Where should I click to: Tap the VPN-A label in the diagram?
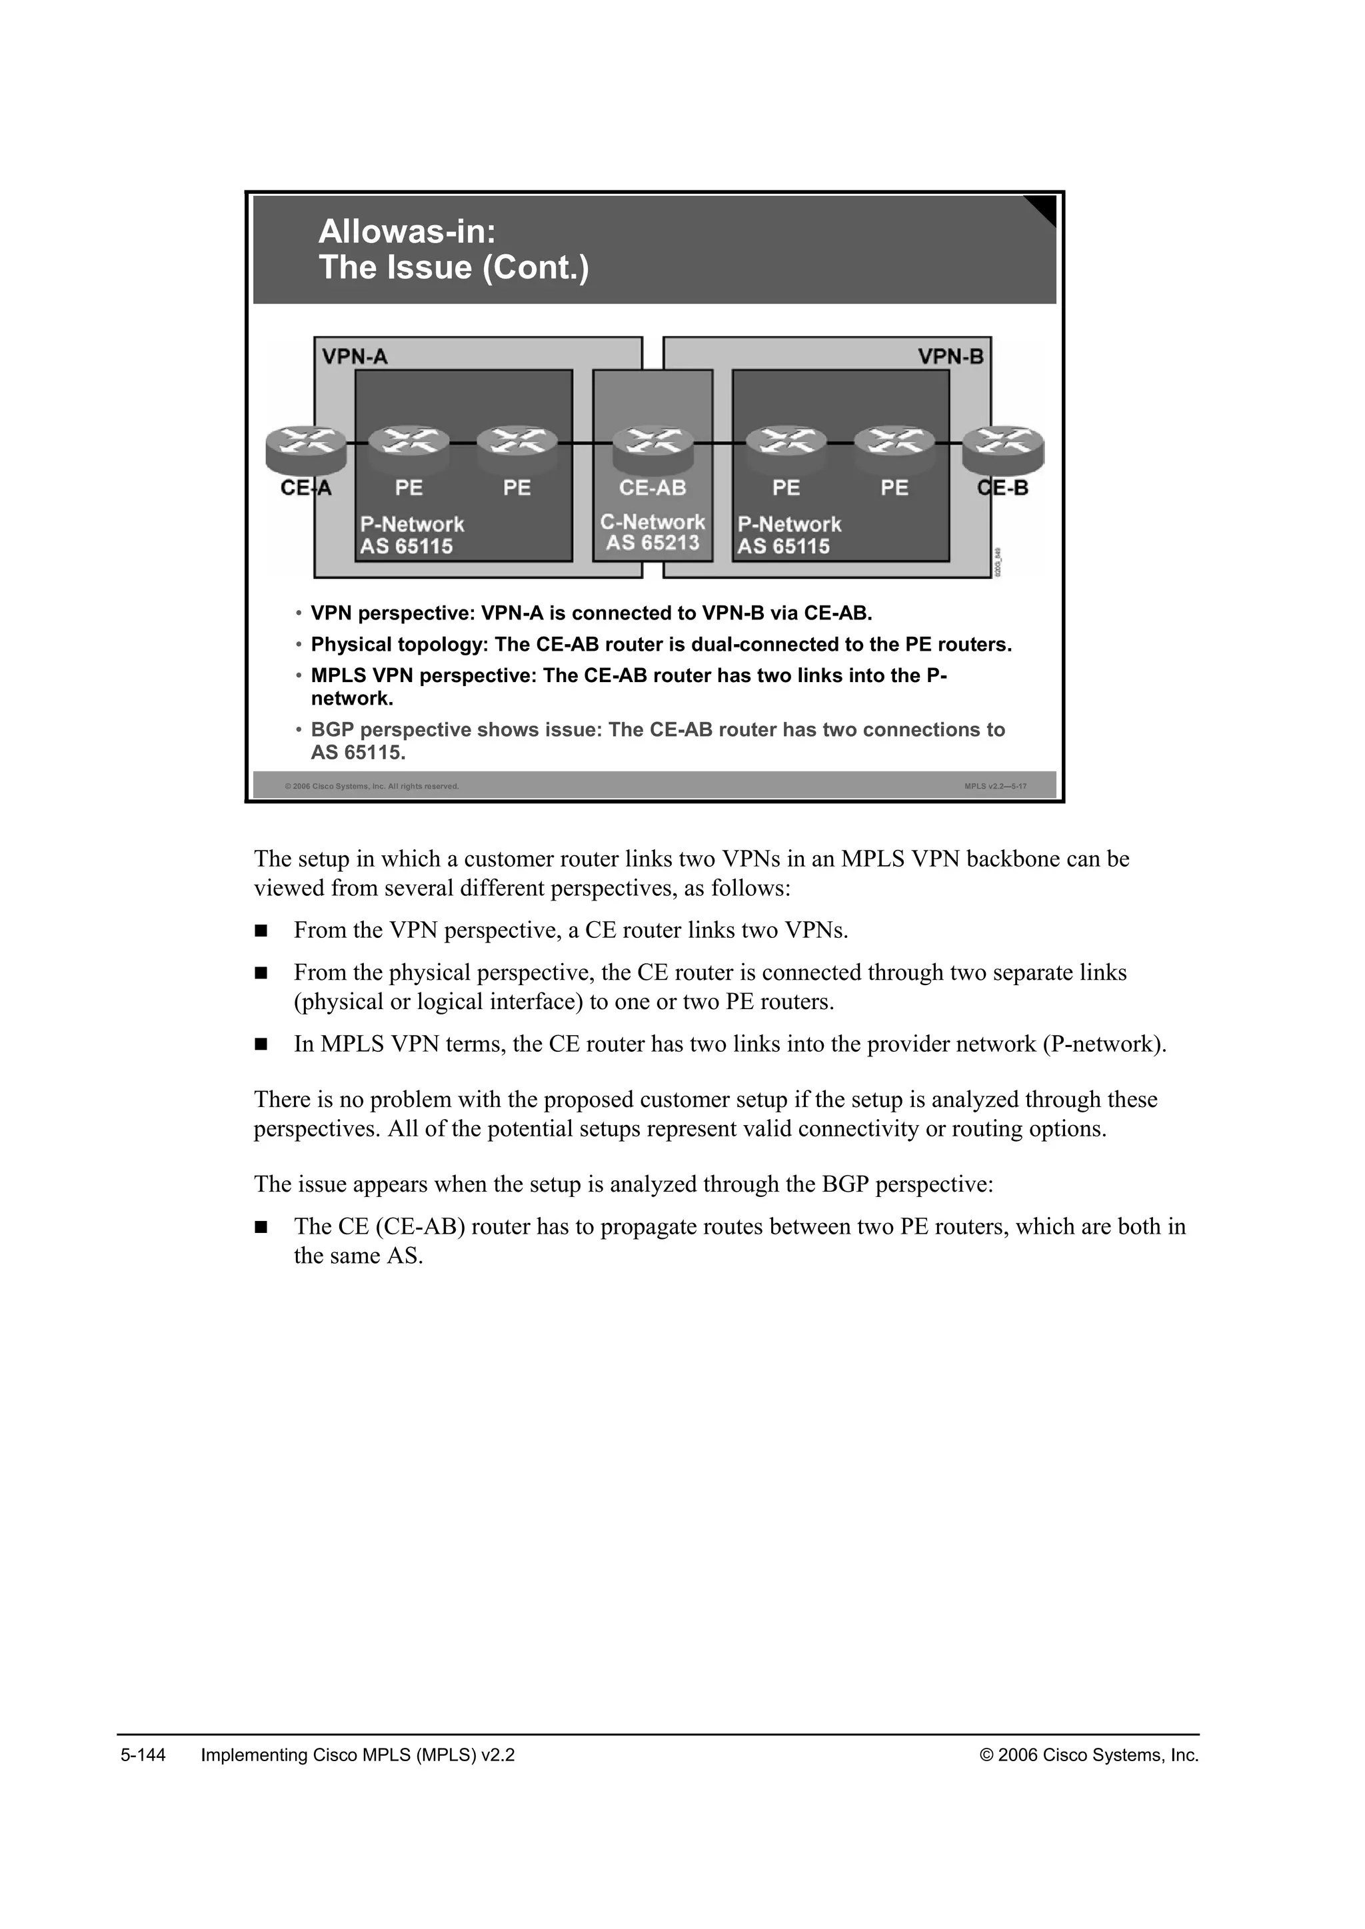point(355,357)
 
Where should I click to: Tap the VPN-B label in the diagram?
point(950,357)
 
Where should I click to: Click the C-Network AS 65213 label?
point(653,533)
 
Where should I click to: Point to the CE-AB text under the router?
point(653,488)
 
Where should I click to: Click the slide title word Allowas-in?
point(407,232)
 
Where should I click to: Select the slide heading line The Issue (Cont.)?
point(454,268)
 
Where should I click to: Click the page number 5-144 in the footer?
point(143,1755)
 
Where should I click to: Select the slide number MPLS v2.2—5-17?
point(995,787)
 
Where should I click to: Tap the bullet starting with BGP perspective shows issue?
point(657,730)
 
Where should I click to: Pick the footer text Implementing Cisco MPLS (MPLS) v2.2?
point(358,1755)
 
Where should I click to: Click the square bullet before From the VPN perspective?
point(261,931)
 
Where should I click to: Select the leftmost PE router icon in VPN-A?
point(409,446)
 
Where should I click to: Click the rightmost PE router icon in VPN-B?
point(894,446)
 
